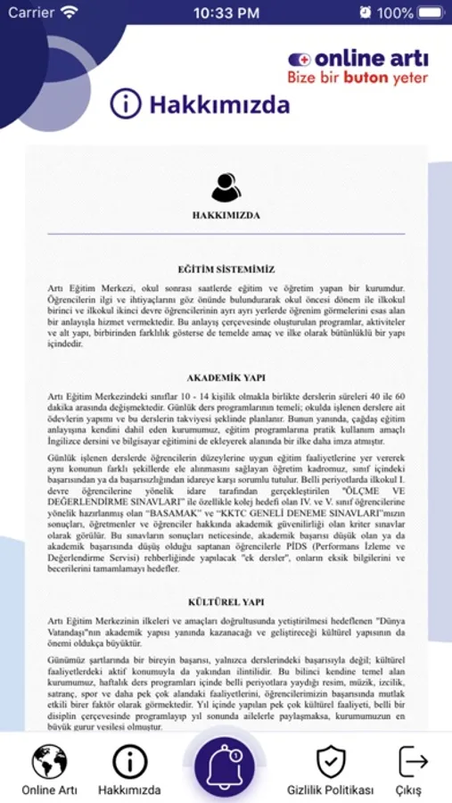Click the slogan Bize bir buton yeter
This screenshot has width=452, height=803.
[x=357, y=78]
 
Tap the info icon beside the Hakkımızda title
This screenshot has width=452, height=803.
[x=126, y=104]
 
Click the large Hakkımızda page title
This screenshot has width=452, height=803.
[x=219, y=105]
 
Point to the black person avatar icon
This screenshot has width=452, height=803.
[x=226, y=186]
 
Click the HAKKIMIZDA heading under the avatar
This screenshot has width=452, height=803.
[x=226, y=216]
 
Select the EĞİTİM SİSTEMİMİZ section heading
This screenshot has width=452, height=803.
[x=226, y=269]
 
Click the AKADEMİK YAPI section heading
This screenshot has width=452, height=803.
[x=226, y=377]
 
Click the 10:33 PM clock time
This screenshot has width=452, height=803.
[x=226, y=12]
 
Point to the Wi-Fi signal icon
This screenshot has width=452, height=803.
[x=70, y=12]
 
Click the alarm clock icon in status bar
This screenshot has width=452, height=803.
[x=366, y=12]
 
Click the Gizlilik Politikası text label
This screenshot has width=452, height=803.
[x=331, y=791]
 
